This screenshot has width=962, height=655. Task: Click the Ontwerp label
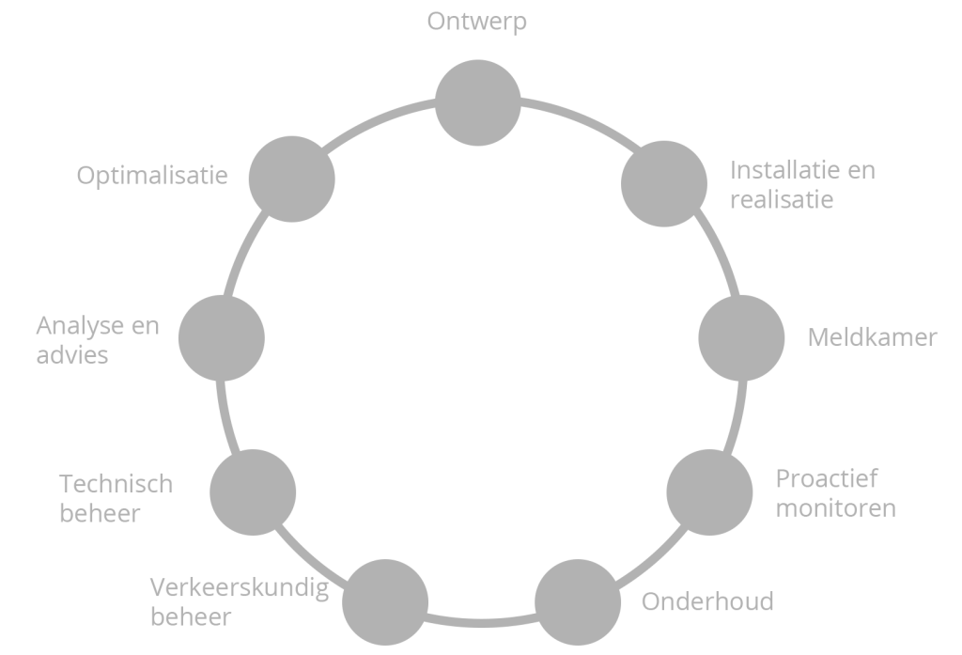pyautogui.click(x=477, y=22)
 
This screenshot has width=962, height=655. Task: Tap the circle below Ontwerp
pyautogui.click(x=478, y=103)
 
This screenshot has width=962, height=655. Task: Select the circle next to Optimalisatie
pyautogui.click(x=291, y=179)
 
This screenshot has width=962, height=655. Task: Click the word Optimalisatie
pyautogui.click(x=152, y=176)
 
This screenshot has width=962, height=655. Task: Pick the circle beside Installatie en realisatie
pyautogui.click(x=664, y=183)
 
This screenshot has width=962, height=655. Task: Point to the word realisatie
pyautogui.click(x=782, y=199)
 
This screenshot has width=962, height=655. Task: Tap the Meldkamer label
pyautogui.click(x=873, y=337)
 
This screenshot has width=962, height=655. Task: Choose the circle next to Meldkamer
pyautogui.click(x=742, y=337)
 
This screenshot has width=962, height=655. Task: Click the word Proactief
pyautogui.click(x=827, y=479)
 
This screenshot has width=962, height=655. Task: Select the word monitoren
pyautogui.click(x=835, y=508)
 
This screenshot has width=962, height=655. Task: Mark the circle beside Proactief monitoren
pyautogui.click(x=709, y=492)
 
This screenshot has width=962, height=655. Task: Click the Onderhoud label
pyautogui.click(x=707, y=601)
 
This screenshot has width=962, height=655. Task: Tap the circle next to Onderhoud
pyautogui.click(x=578, y=601)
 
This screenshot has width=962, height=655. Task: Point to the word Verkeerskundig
pyautogui.click(x=240, y=589)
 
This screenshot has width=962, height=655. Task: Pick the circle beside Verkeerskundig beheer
pyautogui.click(x=385, y=601)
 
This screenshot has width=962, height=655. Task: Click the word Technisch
pyautogui.click(x=116, y=485)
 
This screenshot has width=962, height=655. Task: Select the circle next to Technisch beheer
pyautogui.click(x=253, y=492)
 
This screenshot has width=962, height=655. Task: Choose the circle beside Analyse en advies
pyautogui.click(x=221, y=337)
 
